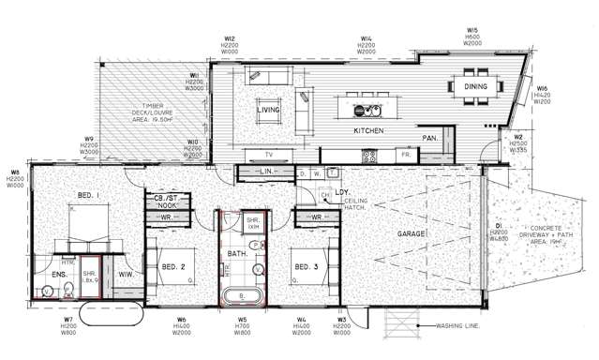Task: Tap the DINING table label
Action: coord(475,87)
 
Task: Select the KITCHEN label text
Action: coord(368,131)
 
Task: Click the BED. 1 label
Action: coord(89,194)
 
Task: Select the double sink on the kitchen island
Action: coord(364,110)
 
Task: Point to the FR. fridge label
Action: coord(405,154)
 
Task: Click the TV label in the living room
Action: coord(268,154)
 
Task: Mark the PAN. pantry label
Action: coord(430,138)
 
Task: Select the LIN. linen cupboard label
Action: coord(265,172)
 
